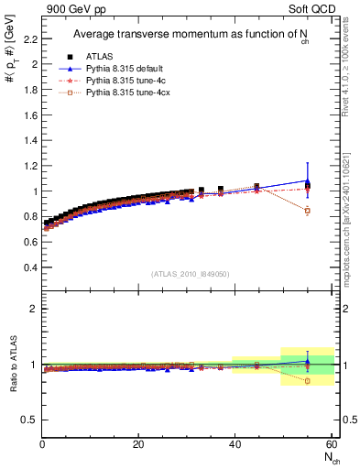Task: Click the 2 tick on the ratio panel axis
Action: click(x=34, y=310)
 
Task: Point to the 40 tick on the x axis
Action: click(x=235, y=445)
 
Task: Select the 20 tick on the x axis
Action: click(x=138, y=445)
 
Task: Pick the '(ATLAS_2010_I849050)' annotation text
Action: click(x=191, y=274)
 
